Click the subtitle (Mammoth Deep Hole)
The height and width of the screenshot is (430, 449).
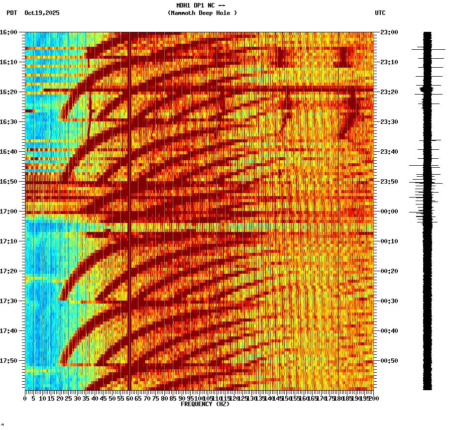click(x=202, y=13)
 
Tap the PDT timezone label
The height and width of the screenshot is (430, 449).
click(x=11, y=13)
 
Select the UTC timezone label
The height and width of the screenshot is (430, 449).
click(x=380, y=13)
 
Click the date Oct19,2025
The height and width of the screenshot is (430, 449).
click(x=42, y=13)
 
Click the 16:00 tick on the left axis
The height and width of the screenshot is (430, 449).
click(x=9, y=32)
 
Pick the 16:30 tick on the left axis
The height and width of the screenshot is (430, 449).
click(x=9, y=122)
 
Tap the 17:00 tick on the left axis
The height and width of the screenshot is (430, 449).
click(x=9, y=212)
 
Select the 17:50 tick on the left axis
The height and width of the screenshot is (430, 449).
click(x=9, y=361)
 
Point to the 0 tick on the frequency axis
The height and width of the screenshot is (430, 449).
click(x=25, y=398)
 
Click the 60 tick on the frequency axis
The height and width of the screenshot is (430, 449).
click(x=129, y=398)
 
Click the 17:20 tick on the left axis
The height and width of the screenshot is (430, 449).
click(x=9, y=271)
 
